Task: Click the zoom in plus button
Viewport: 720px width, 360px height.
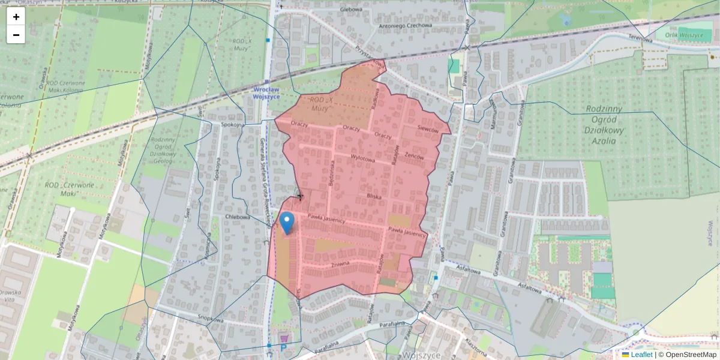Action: (16, 17)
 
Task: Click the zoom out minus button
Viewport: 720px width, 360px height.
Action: (16, 35)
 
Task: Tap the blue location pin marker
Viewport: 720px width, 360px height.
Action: (287, 223)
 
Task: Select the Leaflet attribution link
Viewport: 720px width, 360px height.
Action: (641, 355)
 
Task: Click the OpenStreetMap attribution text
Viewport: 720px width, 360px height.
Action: (688, 355)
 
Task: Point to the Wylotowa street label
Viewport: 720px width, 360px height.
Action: (362, 160)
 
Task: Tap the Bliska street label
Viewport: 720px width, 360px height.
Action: (375, 196)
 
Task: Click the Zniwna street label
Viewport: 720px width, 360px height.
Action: (340, 265)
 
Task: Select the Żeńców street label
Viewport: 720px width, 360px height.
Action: (415, 155)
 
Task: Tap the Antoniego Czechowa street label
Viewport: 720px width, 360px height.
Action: (405, 26)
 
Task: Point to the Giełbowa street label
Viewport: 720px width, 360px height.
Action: (351, 10)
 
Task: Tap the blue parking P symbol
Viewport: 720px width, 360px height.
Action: (283, 347)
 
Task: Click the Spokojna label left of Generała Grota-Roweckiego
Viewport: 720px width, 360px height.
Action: (232, 125)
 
